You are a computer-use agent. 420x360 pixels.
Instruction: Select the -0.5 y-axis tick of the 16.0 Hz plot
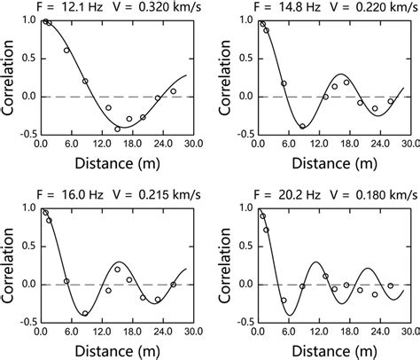click(x=25, y=323)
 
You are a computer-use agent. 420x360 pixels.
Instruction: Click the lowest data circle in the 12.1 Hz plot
click(x=118, y=129)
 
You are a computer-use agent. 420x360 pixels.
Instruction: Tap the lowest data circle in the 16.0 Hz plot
click(x=85, y=313)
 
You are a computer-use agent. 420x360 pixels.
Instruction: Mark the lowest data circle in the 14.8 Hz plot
click(x=302, y=126)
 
